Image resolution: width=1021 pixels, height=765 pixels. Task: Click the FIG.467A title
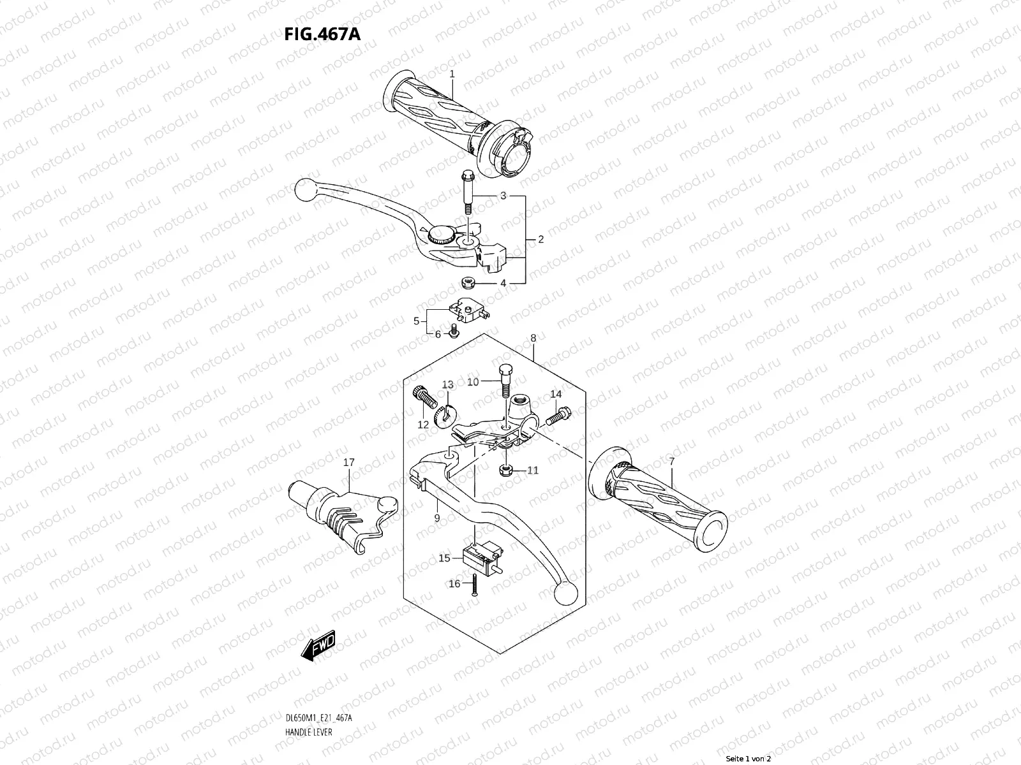(322, 33)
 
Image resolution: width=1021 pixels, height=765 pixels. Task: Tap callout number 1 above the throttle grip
(452, 74)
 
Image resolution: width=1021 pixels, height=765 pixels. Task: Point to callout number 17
(348, 462)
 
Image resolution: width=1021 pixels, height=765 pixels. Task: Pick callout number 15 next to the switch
(444, 558)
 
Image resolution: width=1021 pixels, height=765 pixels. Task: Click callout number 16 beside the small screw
(454, 583)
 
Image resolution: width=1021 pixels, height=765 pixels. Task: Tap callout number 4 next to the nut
(503, 283)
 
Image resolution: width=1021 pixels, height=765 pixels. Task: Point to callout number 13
(447, 384)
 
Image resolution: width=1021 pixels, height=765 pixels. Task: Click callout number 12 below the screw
(423, 425)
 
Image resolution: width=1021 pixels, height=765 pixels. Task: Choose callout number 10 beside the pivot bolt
(472, 382)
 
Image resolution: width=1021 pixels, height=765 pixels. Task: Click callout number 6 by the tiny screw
(438, 334)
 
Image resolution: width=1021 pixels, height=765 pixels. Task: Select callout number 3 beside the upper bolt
(503, 196)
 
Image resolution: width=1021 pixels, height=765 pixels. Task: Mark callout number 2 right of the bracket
(540, 240)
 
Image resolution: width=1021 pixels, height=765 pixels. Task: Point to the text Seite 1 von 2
(749, 759)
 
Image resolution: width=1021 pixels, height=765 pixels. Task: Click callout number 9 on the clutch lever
(437, 518)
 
